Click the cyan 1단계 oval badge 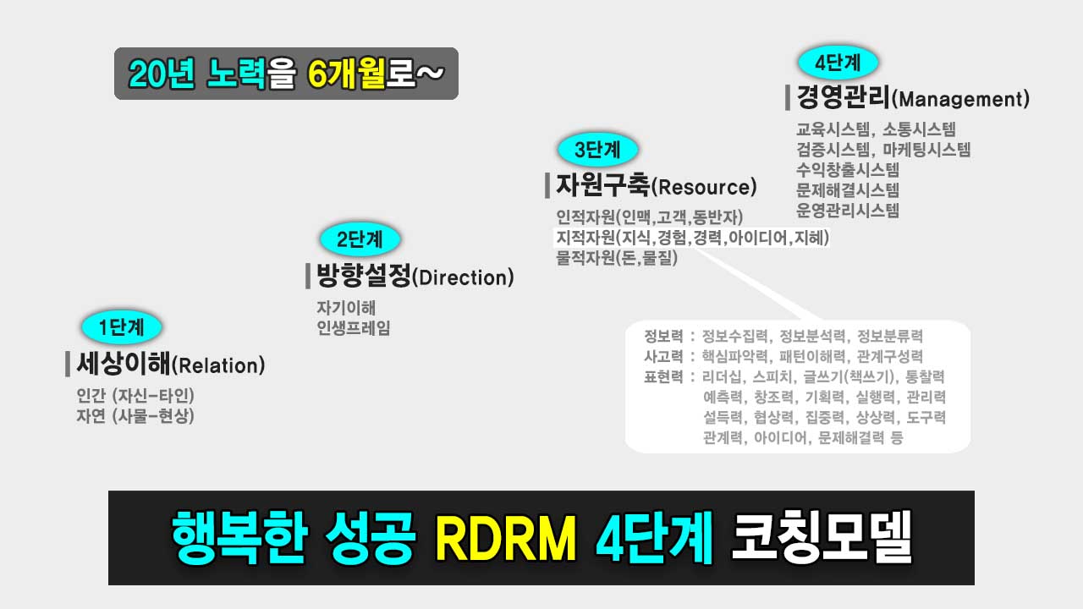tap(121, 326)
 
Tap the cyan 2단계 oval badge tap(360, 239)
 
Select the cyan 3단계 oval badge tap(597, 151)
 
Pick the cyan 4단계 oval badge tap(838, 63)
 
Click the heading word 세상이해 tap(123, 365)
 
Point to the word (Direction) tap(463, 277)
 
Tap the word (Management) tap(960, 100)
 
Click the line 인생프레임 tap(354, 328)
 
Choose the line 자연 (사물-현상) tap(135, 416)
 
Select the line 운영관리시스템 tap(848, 211)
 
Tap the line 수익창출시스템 tap(848, 170)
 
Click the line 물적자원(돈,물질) tap(617, 259)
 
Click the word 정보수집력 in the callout tap(735, 336)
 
